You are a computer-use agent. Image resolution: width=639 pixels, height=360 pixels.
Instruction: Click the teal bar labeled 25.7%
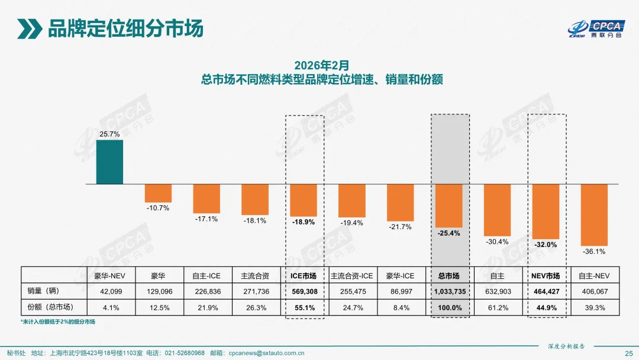(x=109, y=162)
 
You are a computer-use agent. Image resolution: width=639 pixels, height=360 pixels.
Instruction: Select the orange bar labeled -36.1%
(x=594, y=214)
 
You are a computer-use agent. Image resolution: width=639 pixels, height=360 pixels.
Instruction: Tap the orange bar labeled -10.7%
(x=158, y=193)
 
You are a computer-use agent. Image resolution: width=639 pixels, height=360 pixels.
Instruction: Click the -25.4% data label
(x=448, y=233)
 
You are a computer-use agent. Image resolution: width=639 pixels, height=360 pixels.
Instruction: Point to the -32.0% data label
(x=546, y=245)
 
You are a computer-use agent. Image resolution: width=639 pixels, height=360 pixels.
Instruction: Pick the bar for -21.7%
(x=400, y=202)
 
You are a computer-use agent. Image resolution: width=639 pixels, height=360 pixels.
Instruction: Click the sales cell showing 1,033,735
(x=448, y=291)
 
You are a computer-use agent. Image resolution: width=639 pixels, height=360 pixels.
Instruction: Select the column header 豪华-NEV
(x=109, y=276)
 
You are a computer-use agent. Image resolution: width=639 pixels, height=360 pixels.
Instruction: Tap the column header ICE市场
(x=304, y=276)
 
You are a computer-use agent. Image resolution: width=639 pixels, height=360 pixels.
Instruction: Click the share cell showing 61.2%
(x=497, y=308)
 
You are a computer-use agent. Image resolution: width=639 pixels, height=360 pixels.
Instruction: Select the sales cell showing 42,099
(x=109, y=291)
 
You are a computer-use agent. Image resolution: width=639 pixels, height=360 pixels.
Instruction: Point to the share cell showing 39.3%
(x=594, y=308)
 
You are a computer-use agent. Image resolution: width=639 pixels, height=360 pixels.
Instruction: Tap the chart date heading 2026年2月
(x=322, y=64)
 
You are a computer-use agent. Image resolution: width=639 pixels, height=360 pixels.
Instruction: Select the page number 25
(x=628, y=353)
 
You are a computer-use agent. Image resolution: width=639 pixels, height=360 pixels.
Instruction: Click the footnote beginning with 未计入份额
(x=58, y=322)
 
